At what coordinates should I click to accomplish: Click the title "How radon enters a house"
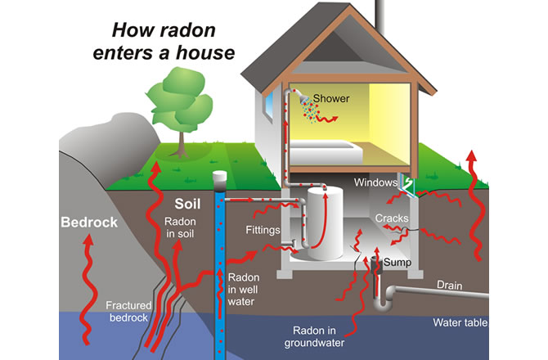pyautogui.click(x=164, y=41)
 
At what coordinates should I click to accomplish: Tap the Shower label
pyautogui.click(x=331, y=98)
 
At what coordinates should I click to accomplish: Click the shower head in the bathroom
pyautogui.click(x=303, y=98)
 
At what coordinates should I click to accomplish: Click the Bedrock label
pyautogui.click(x=89, y=223)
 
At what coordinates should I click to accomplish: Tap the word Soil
pyautogui.click(x=187, y=204)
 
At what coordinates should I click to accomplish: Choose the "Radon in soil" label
pyautogui.click(x=180, y=227)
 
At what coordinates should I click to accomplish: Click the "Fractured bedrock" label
pyautogui.click(x=128, y=312)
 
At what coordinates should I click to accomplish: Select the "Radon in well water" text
pyautogui.click(x=244, y=290)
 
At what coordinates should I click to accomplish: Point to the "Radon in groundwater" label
pyautogui.click(x=314, y=336)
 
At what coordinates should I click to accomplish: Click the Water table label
pyautogui.click(x=460, y=322)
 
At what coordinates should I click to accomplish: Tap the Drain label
pyautogui.click(x=450, y=286)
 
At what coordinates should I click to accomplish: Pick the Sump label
pyautogui.click(x=397, y=263)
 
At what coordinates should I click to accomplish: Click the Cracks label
pyautogui.click(x=392, y=218)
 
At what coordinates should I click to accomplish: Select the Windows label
pyautogui.click(x=375, y=182)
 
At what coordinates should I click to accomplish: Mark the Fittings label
pyautogui.click(x=263, y=230)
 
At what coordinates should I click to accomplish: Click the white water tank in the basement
pyautogui.click(x=325, y=223)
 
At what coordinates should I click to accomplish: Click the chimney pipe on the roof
pyautogui.click(x=380, y=16)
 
